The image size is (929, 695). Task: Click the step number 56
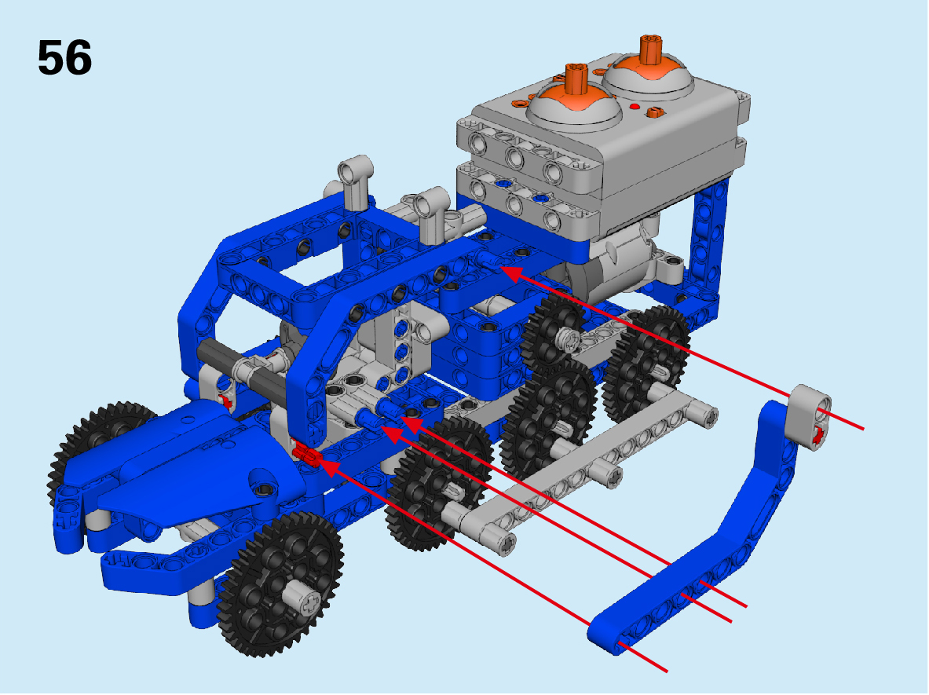[64, 57]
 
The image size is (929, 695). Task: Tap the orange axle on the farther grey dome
[650, 49]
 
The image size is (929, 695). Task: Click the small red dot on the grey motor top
[635, 108]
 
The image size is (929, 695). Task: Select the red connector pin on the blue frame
[305, 455]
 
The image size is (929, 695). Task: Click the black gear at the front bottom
[280, 583]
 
